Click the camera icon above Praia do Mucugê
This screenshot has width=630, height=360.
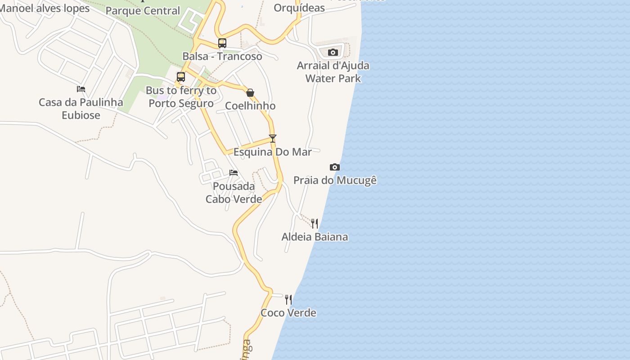tap(334, 167)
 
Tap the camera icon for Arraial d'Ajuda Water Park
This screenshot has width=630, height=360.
tap(333, 53)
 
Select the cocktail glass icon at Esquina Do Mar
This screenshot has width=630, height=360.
tap(272, 138)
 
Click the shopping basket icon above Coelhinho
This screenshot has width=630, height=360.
tap(250, 93)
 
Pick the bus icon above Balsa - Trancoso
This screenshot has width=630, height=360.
tap(222, 43)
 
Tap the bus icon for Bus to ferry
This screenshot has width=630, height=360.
tap(181, 77)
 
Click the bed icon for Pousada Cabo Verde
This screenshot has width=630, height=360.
tap(233, 173)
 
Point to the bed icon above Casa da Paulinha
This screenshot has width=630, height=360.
tap(81, 89)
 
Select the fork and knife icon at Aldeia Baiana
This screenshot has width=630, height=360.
tap(315, 223)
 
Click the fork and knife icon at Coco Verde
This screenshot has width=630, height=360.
tap(288, 299)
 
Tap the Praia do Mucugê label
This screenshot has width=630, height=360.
tap(335, 180)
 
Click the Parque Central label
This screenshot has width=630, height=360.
tap(143, 11)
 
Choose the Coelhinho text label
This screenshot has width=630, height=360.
tap(250, 106)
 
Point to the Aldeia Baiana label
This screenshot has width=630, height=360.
tap(315, 237)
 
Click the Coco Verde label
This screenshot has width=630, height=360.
tap(288, 313)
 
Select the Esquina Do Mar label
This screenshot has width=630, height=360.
tap(272, 152)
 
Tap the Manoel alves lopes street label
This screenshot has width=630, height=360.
tap(44, 8)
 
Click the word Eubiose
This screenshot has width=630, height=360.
tap(81, 115)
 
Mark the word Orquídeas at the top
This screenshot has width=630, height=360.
tap(299, 8)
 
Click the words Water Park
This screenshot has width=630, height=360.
tap(333, 78)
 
